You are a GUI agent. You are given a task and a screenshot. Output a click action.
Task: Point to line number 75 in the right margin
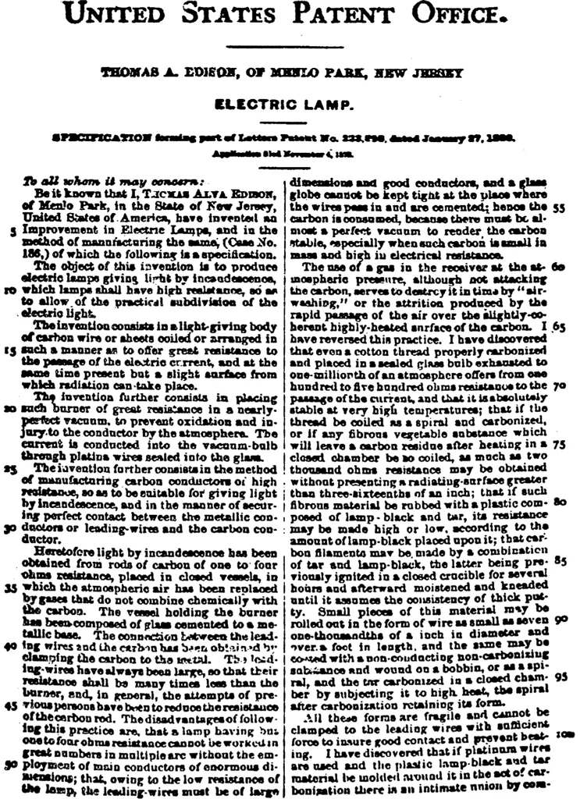tap(558, 442)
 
